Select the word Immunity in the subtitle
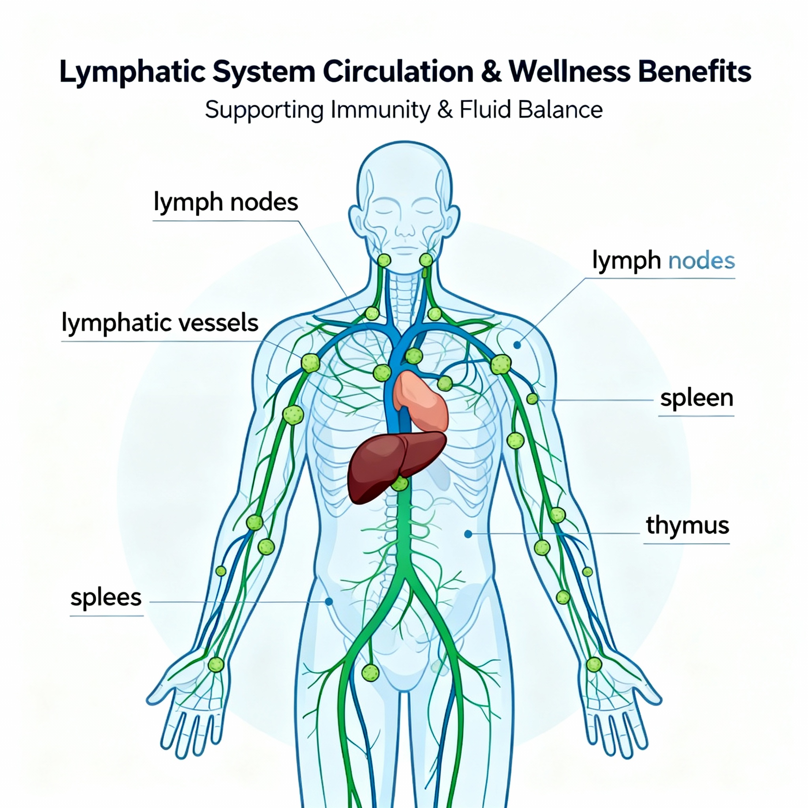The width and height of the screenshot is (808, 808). tap(380, 110)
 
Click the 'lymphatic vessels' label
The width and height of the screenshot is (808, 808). tap(160, 323)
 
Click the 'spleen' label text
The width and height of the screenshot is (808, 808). tap(696, 398)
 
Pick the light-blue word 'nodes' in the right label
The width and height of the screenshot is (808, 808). tap(701, 260)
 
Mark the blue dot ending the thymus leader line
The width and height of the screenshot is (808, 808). tap(468, 534)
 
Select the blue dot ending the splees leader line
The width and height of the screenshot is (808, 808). tap(329, 601)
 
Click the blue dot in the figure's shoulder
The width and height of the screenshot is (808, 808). tap(517, 345)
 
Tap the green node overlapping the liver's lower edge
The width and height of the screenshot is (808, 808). tap(400, 483)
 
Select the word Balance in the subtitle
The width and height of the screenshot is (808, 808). tap(560, 110)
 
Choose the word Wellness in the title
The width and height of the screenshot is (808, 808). tap(569, 72)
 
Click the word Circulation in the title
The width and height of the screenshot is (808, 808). tap(398, 72)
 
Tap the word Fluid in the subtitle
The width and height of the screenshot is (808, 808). tap(485, 110)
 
